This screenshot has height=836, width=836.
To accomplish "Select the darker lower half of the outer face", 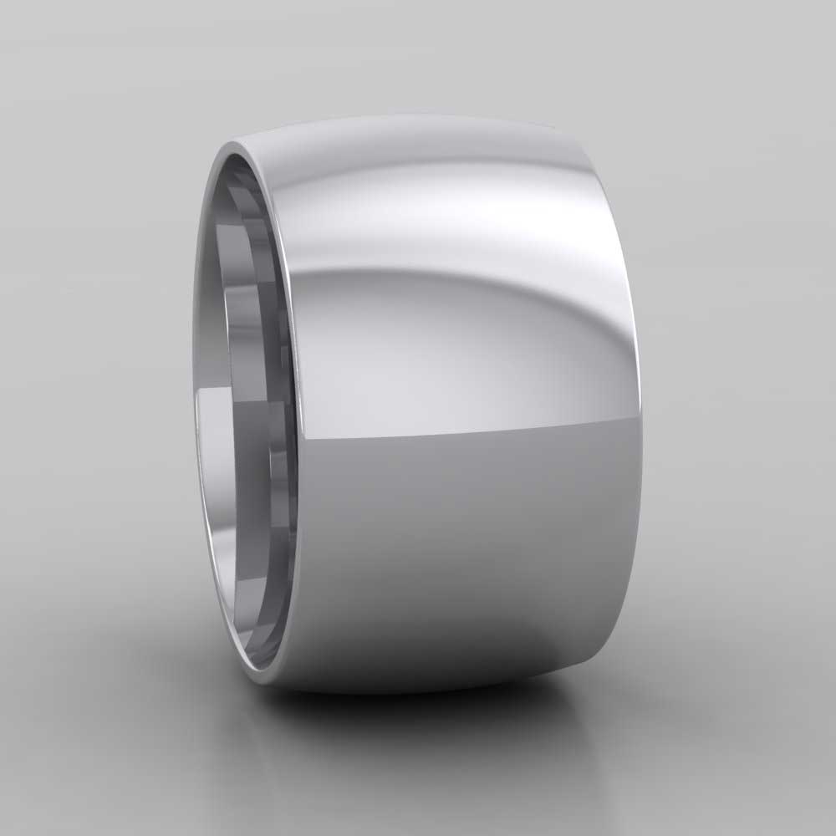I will tap(468, 543).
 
